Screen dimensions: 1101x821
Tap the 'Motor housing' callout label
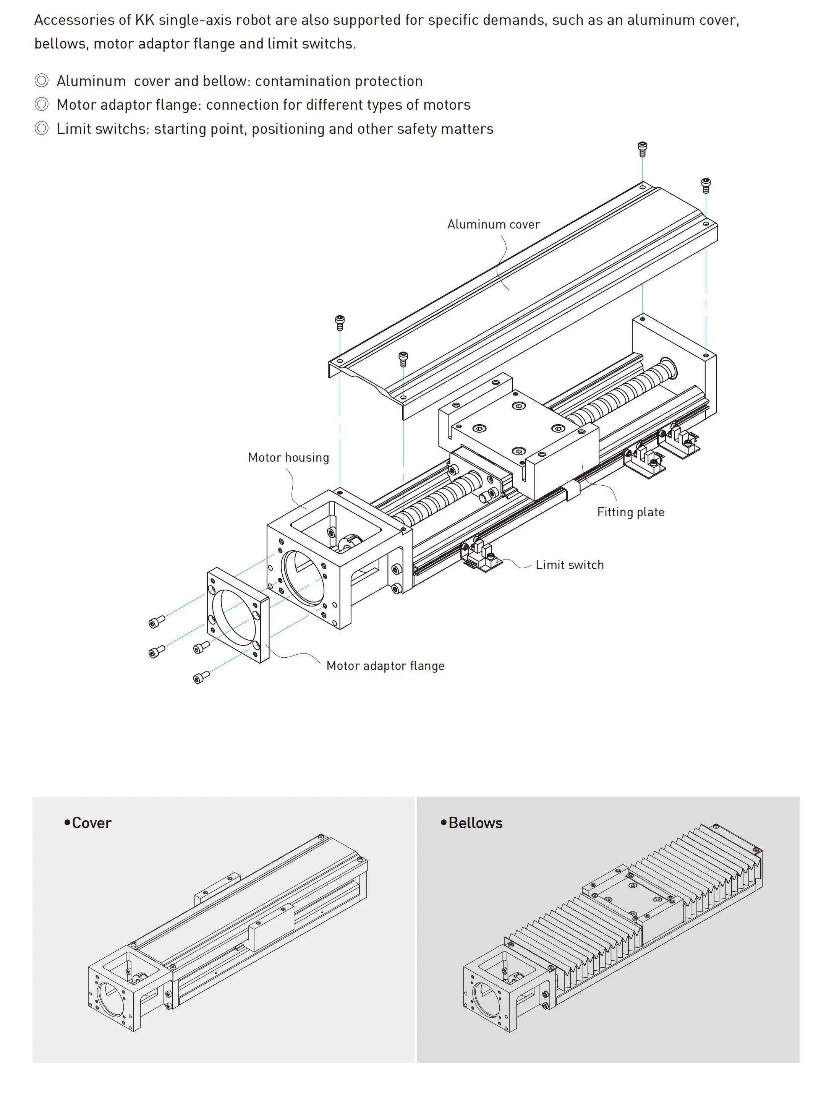pyautogui.click(x=288, y=457)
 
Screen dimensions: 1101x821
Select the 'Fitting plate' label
pyautogui.click(x=630, y=512)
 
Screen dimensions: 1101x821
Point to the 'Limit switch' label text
pyautogui.click(x=570, y=565)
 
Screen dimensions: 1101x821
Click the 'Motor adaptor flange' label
pyautogui.click(x=385, y=666)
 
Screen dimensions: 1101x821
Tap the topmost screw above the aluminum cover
pyautogui.click(x=643, y=148)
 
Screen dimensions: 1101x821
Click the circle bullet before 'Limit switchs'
pyautogui.click(x=42, y=129)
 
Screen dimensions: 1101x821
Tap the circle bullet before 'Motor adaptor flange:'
pyautogui.click(x=42, y=104)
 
